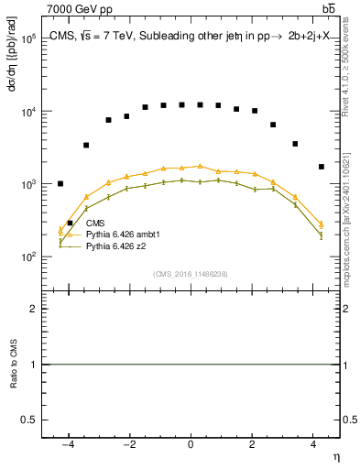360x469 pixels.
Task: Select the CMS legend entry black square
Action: point(70,223)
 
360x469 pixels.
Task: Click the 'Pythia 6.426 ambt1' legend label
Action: point(122,234)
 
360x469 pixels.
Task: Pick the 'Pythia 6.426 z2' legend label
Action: point(116,245)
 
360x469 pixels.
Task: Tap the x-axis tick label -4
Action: point(66,444)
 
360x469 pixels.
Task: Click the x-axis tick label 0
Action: point(191,444)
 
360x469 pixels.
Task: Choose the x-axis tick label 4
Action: point(313,444)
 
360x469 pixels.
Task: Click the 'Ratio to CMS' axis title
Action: point(14,364)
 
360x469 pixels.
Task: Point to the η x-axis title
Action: point(334,456)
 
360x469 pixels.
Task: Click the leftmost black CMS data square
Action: point(60,184)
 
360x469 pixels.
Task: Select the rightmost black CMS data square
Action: point(321,167)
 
